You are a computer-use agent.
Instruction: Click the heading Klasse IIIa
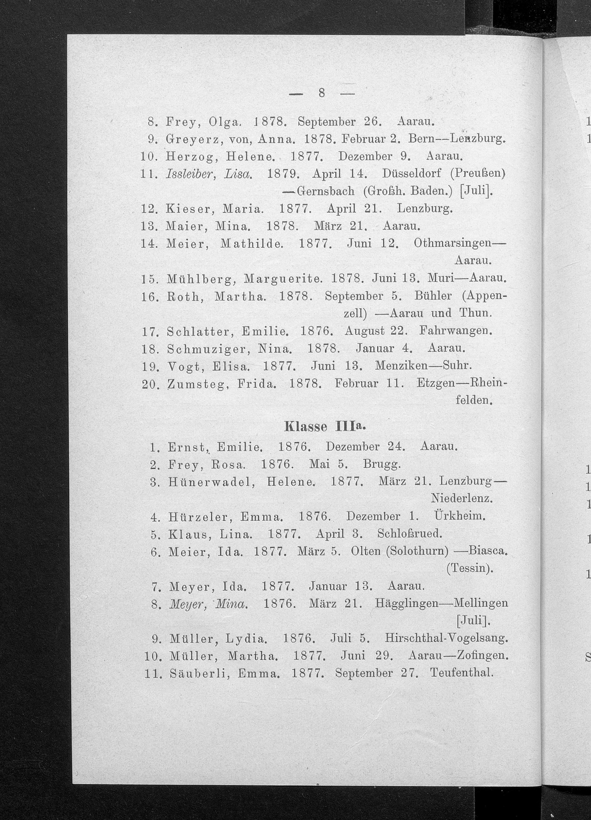[x=325, y=427]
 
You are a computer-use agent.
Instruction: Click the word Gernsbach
[x=325, y=191]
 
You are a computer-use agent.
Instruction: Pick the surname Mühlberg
[x=202, y=279]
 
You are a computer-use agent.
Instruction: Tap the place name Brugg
[x=381, y=464]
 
